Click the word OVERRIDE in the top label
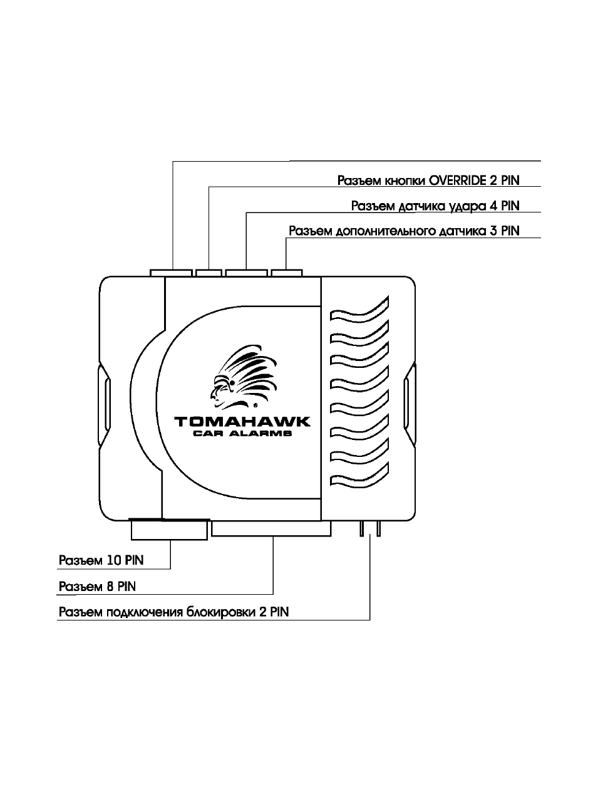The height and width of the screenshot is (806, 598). (458, 181)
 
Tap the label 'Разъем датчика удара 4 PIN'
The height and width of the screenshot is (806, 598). (435, 206)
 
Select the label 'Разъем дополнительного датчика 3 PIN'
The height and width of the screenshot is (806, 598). (404, 231)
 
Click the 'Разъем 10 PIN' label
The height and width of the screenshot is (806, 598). (101, 560)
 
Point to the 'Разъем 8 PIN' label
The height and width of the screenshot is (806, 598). (97, 587)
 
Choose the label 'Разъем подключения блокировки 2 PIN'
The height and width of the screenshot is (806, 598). (174, 612)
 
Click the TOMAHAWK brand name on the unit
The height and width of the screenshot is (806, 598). (242, 422)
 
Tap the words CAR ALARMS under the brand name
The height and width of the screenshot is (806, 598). (242, 433)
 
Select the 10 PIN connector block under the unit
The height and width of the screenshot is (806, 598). (169, 530)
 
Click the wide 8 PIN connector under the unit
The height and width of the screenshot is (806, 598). (271, 529)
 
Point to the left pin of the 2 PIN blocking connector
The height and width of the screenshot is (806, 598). (362, 529)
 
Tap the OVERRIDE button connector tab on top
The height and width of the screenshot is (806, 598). (209, 273)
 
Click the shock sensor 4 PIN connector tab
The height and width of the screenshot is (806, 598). (247, 273)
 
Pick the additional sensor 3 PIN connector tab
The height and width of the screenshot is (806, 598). (287, 273)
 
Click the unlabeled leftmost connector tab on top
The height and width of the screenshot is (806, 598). (171, 273)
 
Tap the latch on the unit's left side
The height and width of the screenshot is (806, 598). (105, 404)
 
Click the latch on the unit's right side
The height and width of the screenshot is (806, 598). (410, 404)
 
